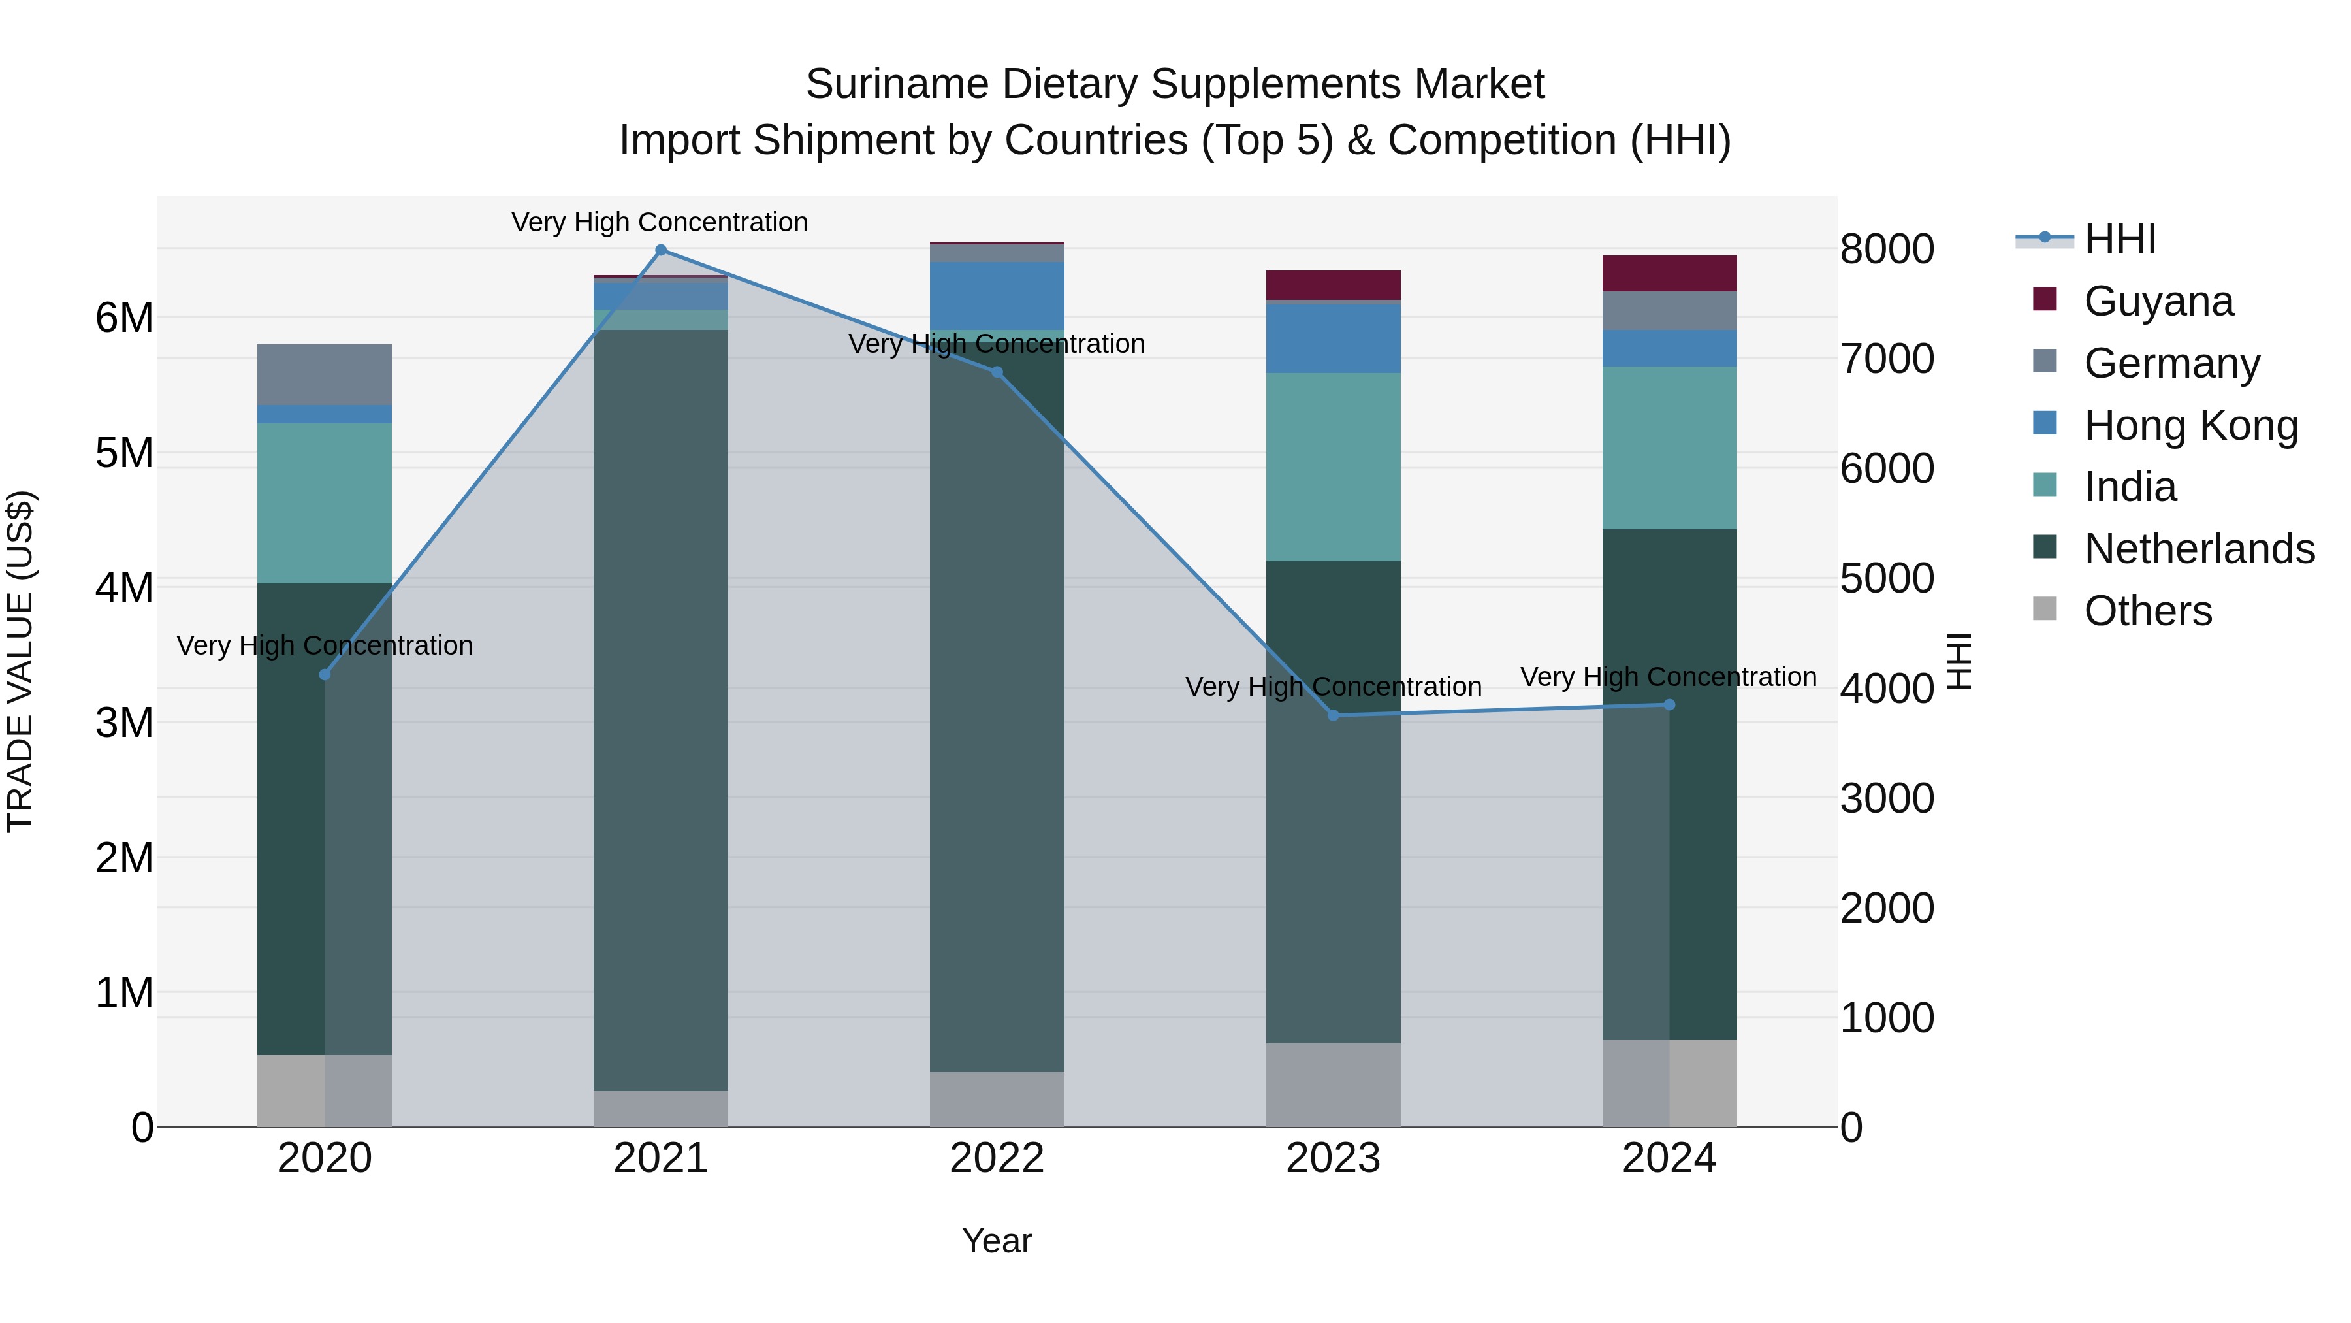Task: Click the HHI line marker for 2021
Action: point(661,250)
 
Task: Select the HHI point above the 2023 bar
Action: point(1334,715)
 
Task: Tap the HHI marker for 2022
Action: point(997,372)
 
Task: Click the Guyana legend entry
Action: point(2158,301)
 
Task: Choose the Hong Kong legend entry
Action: point(2190,425)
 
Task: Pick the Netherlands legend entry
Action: point(2199,549)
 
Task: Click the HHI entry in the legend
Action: point(2120,239)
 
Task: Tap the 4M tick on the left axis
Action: point(124,587)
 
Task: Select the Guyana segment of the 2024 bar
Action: point(1669,274)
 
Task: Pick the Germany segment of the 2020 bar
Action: point(325,374)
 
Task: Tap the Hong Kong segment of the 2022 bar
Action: point(997,296)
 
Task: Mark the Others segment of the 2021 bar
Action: point(661,1109)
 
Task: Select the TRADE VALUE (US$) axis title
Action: point(21,661)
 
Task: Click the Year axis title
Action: point(997,1242)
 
